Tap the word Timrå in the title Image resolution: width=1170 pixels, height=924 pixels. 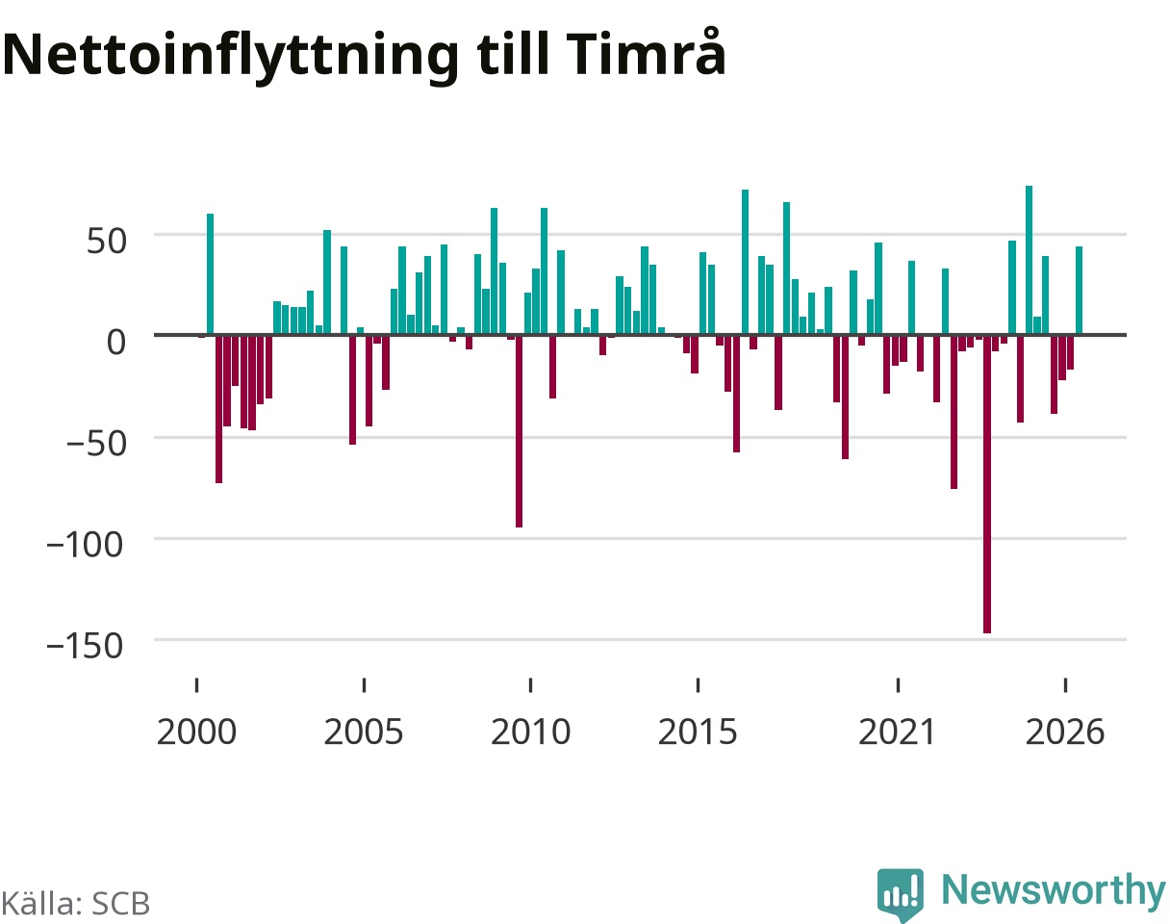pyautogui.click(x=646, y=52)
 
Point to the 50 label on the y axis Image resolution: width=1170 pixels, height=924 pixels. pyautogui.click(x=107, y=241)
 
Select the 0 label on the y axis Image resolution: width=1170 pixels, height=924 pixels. pyautogui.click(x=116, y=342)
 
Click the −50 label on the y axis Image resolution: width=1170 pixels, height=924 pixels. pyautogui.click(x=97, y=444)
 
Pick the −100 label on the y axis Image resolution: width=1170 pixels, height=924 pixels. pyautogui.click(x=85, y=545)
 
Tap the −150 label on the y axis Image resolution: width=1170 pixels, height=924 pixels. pyautogui.click(x=85, y=646)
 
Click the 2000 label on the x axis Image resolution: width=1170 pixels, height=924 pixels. pyautogui.click(x=196, y=732)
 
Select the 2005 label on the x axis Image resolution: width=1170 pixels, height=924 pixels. pyautogui.click(x=364, y=732)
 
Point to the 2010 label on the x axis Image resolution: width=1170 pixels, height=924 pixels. pyautogui.click(x=530, y=732)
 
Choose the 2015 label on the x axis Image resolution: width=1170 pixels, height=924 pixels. pyautogui.click(x=698, y=732)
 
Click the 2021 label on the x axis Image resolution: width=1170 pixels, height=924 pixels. pyautogui.click(x=897, y=732)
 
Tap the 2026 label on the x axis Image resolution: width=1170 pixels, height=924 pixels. pyautogui.click(x=1065, y=732)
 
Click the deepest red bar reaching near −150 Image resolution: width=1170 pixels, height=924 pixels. pyautogui.click(x=987, y=484)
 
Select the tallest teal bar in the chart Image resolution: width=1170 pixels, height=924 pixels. pyautogui.click(x=1030, y=260)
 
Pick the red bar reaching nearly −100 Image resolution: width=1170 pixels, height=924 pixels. pyautogui.click(x=520, y=431)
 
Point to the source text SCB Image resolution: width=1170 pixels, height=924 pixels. pyautogui.click(x=120, y=904)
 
